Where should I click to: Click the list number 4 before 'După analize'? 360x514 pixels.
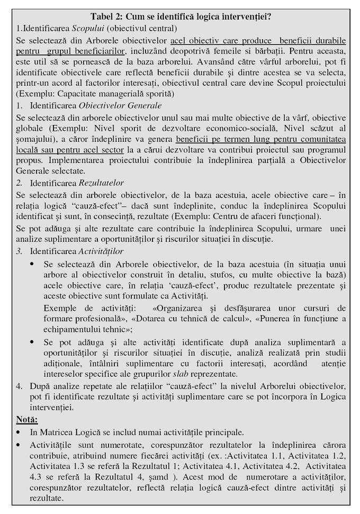click(19, 386)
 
